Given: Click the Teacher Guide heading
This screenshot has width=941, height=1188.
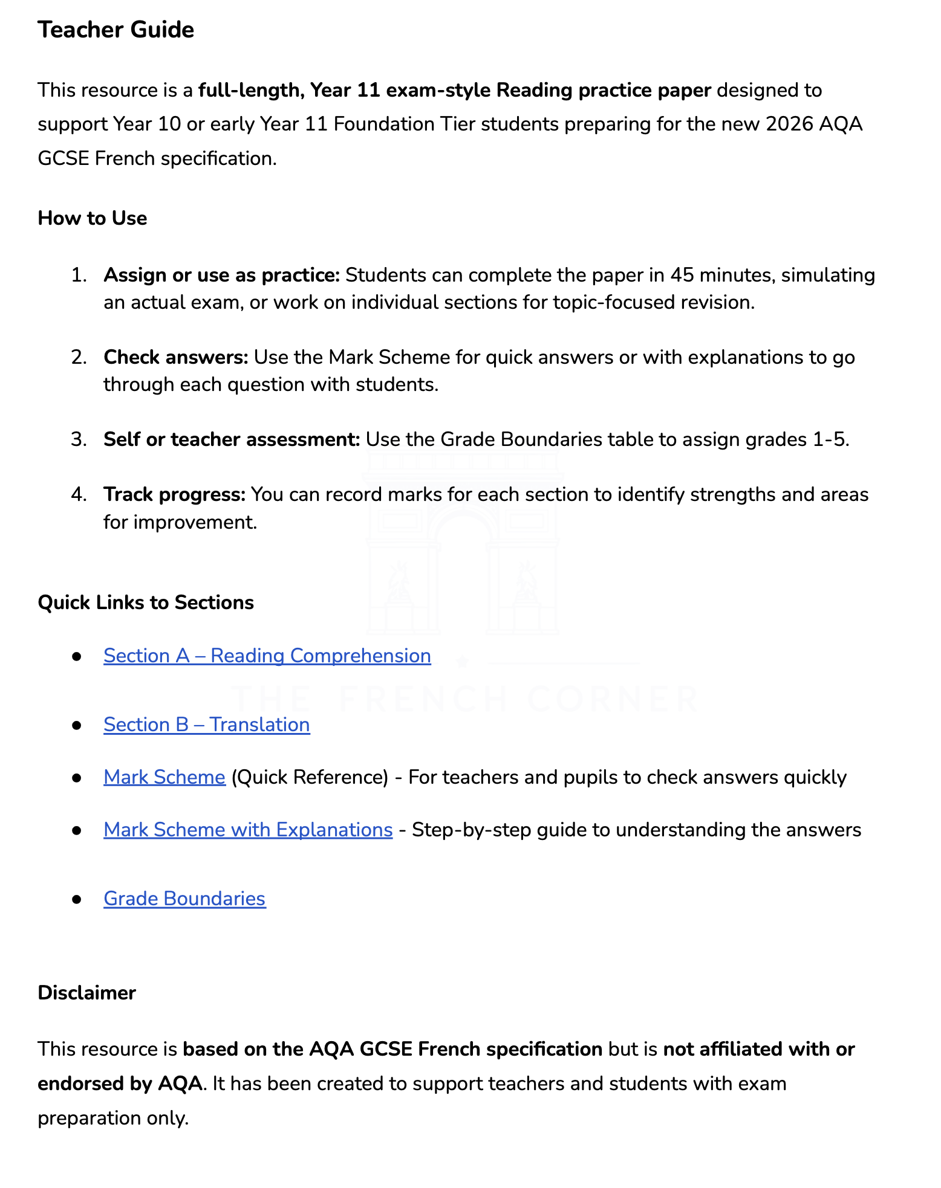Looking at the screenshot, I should (116, 30).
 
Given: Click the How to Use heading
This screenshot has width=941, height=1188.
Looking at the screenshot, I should (92, 218).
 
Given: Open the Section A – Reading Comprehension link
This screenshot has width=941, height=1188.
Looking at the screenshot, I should (267, 656).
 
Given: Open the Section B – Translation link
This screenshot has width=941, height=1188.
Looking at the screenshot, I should (206, 725).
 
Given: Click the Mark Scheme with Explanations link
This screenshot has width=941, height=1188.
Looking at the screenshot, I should (248, 830).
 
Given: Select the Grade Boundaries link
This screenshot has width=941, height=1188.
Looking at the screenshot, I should (184, 899).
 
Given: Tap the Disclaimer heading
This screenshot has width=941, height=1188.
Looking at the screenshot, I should (86, 993).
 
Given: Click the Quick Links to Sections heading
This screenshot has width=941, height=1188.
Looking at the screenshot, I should (145, 602).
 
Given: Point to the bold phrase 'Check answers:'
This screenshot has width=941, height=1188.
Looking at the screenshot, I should (176, 357).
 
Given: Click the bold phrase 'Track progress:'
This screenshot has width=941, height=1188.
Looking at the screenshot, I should (174, 494).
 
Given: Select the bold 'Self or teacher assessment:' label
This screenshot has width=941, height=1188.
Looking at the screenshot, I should (232, 439).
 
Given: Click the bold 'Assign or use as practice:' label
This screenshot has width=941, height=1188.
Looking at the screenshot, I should (222, 275).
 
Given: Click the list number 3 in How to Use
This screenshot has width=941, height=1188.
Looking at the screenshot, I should (79, 439).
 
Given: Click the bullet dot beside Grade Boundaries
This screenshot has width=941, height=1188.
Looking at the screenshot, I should (76, 899).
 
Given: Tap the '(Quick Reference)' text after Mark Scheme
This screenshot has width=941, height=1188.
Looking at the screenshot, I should (310, 777).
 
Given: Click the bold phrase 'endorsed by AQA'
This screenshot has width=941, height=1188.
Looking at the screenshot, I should (120, 1083).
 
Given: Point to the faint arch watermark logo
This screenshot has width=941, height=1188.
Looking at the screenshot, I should (463, 544).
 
